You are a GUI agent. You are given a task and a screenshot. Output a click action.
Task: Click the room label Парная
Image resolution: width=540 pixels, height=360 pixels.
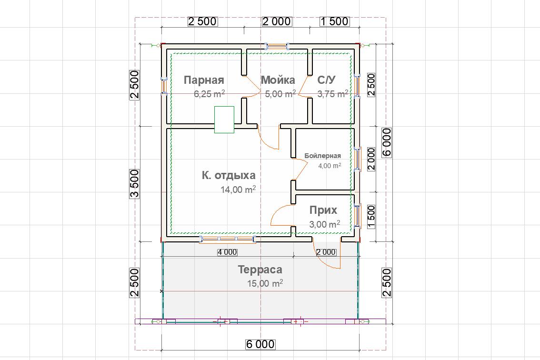pyautogui.click(x=204, y=80)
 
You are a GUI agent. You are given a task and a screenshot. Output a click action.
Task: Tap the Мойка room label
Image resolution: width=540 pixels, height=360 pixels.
pyautogui.click(x=278, y=80)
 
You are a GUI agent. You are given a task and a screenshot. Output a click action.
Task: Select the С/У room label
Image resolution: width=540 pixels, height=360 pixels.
pyautogui.click(x=326, y=80)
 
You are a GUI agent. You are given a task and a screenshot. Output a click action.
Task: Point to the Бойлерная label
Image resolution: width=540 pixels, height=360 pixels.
pyautogui.click(x=323, y=156)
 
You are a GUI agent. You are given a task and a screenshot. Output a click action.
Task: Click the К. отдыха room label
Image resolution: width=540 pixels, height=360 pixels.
pyautogui.click(x=229, y=175)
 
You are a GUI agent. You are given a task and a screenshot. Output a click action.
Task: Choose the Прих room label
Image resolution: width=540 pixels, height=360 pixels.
pyautogui.click(x=323, y=210)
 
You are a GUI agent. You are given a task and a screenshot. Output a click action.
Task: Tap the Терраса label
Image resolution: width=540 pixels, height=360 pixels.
pyautogui.click(x=260, y=270)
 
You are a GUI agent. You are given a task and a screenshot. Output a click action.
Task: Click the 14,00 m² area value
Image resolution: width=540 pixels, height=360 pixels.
pyautogui.click(x=238, y=189)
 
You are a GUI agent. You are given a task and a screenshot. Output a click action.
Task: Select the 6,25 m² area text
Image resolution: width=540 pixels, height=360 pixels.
pyautogui.click(x=210, y=94)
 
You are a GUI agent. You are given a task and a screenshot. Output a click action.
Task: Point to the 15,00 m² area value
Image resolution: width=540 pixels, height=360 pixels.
pyautogui.click(x=265, y=283)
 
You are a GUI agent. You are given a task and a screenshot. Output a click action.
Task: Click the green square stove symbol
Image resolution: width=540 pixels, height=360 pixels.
pyautogui.click(x=224, y=120)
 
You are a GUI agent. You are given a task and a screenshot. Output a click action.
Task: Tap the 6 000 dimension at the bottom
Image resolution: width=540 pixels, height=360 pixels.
pyautogui.click(x=260, y=344)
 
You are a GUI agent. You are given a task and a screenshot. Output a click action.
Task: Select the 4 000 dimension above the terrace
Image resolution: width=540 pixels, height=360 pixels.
pyautogui.click(x=227, y=252)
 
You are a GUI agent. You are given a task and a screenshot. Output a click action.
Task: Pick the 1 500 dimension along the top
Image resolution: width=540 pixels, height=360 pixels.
pyautogui.click(x=335, y=21)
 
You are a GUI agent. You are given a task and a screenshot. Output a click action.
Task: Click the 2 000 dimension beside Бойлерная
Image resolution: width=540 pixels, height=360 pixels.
pyautogui.click(x=371, y=159)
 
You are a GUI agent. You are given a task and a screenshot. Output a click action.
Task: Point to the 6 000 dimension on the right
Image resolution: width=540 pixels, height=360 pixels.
pyautogui.click(x=387, y=143)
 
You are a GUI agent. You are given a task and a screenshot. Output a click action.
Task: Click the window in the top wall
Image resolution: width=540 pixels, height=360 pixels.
pyautogui.click(x=277, y=46)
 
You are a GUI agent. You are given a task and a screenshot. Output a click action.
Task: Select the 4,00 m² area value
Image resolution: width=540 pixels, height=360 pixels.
pyautogui.click(x=330, y=166)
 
